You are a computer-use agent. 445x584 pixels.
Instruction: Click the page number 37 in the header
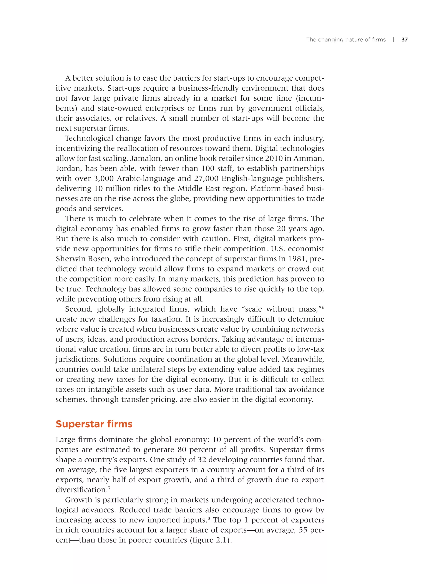click(x=404, y=40)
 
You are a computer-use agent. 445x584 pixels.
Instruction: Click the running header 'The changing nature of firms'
click(x=346, y=40)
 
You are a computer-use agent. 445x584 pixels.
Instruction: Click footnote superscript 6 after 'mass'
click(x=323, y=307)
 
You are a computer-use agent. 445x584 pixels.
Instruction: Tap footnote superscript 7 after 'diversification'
click(x=109, y=488)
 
